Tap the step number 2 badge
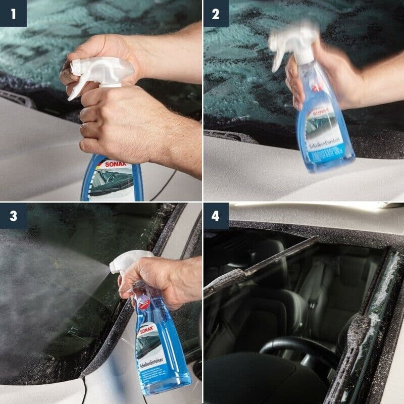click(x=216, y=13)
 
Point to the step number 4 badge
click(x=216, y=216)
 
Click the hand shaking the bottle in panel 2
click(x=323, y=76)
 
